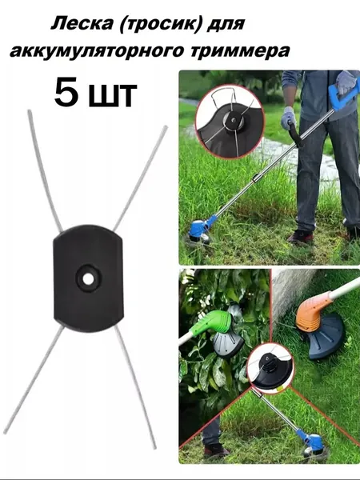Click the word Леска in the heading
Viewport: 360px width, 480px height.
[82, 23]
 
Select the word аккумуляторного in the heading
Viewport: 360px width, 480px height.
[97, 50]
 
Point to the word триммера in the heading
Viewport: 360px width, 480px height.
[240, 51]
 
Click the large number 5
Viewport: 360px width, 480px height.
[67, 92]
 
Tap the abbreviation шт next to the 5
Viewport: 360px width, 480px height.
[112, 96]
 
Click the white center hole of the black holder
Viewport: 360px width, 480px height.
[88, 278]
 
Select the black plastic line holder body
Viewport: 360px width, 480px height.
[88, 278]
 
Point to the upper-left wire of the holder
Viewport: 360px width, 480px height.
[45, 170]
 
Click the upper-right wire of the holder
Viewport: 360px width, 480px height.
[141, 178]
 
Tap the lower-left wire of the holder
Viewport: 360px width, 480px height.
[34, 379]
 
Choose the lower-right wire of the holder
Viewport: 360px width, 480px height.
[136, 387]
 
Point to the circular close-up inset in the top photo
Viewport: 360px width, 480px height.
[230, 122]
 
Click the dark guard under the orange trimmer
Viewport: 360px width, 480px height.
[326, 338]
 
